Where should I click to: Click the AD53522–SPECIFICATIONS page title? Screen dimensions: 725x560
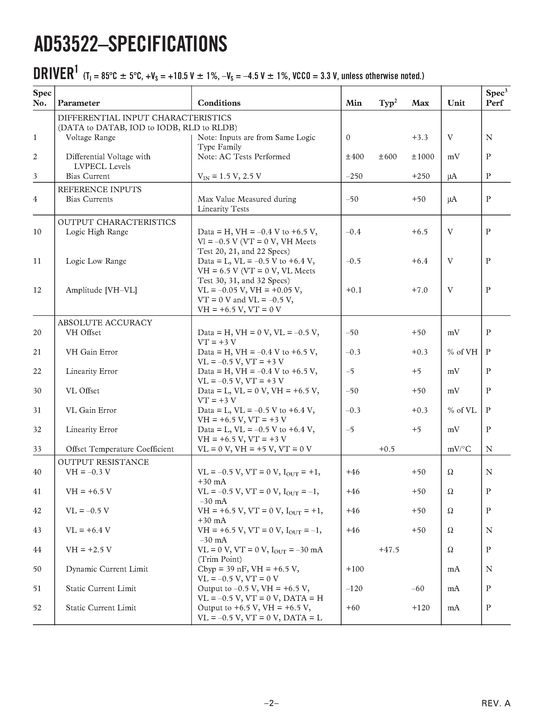130,44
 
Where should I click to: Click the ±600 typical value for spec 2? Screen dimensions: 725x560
387,157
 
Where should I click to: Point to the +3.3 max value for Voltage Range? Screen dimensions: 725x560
420,137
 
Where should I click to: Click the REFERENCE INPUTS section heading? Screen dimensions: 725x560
100,190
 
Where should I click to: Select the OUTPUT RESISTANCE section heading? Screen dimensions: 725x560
103,462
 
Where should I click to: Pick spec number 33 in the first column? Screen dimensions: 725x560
37,449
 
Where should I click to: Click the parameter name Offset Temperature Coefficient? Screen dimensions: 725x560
120,449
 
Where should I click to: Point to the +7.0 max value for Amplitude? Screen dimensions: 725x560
420,290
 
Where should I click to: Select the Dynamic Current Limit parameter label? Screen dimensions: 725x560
107,569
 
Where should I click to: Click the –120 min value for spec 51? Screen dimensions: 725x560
354,588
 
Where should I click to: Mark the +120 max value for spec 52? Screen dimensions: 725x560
421,608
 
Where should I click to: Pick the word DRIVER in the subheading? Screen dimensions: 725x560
53,74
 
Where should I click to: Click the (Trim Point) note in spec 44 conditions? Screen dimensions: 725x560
220,559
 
